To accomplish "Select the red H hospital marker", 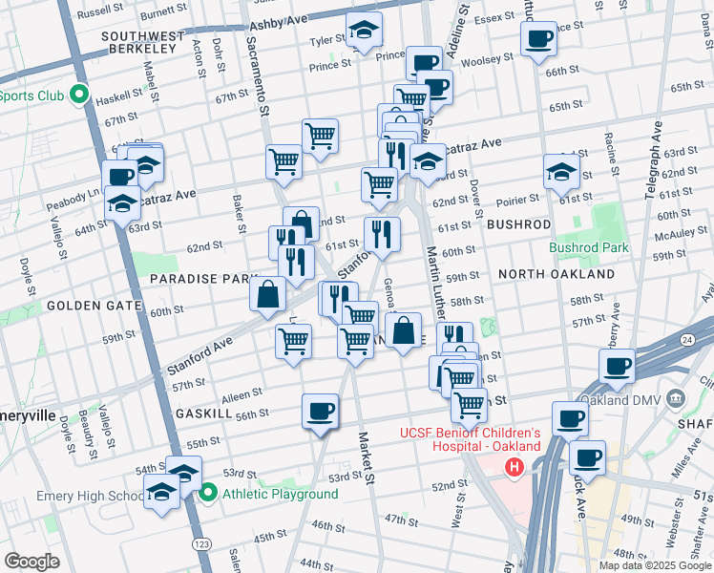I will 514,467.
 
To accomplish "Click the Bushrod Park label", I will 589,247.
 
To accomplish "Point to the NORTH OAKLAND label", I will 556,274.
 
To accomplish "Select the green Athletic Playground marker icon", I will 209,493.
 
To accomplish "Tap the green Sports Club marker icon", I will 80,95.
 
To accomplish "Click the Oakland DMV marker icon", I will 676,397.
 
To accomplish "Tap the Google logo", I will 32,562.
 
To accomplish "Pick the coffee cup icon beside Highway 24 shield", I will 617,366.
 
